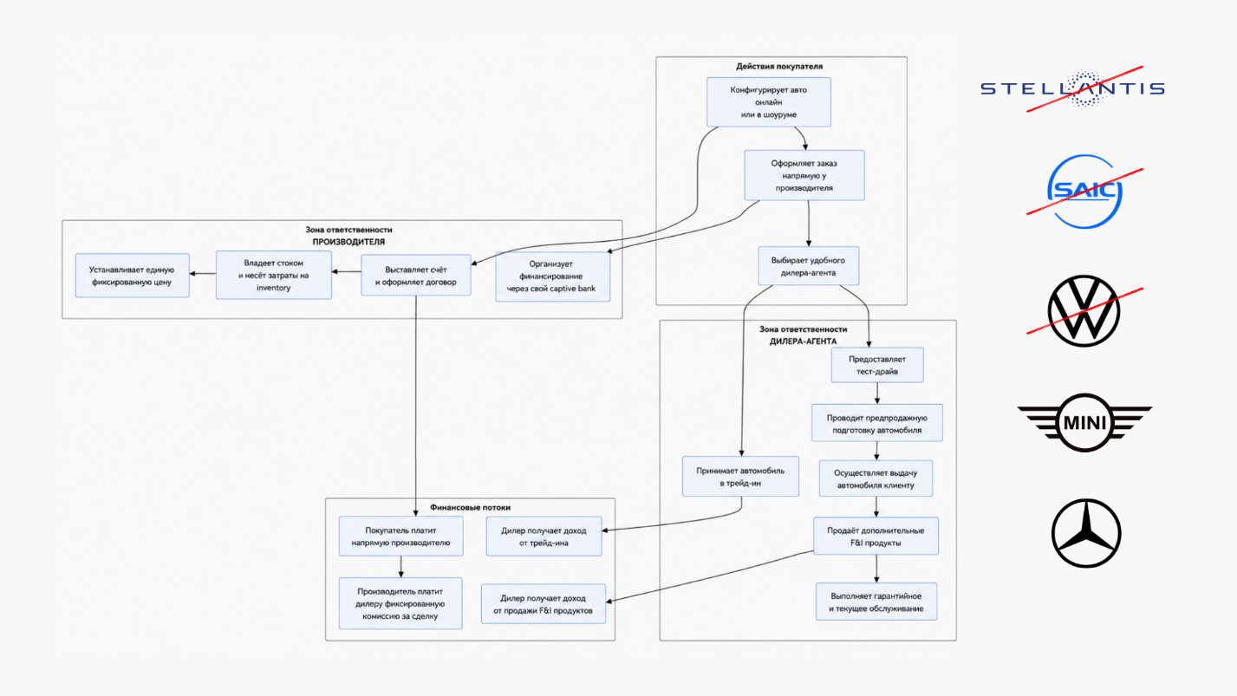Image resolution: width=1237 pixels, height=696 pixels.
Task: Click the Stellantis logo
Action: tap(1072, 88)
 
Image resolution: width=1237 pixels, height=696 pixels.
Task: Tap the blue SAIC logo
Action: tap(1084, 192)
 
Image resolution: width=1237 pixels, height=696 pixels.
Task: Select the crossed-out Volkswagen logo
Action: tap(1084, 311)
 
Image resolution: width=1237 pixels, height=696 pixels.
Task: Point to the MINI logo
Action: tap(1084, 423)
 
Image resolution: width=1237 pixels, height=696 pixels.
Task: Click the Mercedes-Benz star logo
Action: tap(1085, 533)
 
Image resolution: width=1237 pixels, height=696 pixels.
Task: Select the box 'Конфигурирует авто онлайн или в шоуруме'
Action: tap(769, 102)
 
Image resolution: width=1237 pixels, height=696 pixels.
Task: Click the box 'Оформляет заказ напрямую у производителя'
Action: tap(804, 175)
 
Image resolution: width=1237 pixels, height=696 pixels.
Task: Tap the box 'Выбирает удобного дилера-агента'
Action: tap(808, 266)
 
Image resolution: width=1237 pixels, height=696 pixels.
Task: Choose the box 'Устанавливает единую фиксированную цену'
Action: tap(132, 276)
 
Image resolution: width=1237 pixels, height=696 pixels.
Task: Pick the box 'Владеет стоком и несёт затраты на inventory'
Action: tap(273, 275)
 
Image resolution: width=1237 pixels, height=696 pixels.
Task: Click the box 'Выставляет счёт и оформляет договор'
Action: tap(416, 275)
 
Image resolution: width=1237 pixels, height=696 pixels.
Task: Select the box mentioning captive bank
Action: tap(552, 276)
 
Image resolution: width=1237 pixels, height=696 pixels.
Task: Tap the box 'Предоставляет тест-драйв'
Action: tap(877, 365)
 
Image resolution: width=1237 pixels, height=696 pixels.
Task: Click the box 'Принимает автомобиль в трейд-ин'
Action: tap(740, 476)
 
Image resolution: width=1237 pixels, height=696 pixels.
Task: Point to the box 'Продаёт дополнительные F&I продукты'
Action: tap(876, 536)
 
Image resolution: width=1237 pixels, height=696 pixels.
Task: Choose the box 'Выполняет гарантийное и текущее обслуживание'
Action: tap(876, 602)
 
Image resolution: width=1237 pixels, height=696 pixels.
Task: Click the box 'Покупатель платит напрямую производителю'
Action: tap(401, 536)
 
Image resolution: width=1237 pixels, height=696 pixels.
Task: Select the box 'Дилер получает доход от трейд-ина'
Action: tap(544, 536)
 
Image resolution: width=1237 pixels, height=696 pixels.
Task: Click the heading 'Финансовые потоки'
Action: tap(471, 507)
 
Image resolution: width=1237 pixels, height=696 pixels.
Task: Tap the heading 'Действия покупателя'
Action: tap(779, 66)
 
